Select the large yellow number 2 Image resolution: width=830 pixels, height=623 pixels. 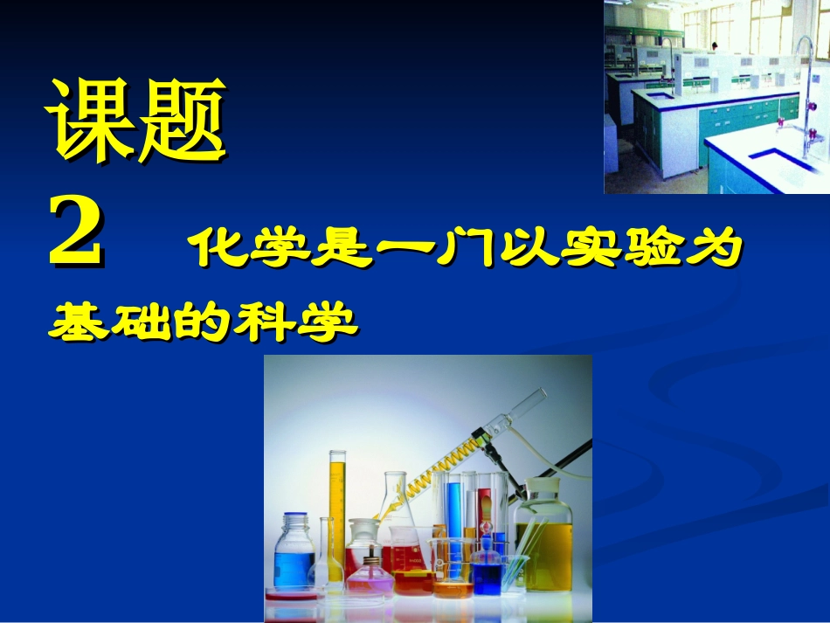point(76,232)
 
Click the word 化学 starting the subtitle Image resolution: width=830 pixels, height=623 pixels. point(253,249)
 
